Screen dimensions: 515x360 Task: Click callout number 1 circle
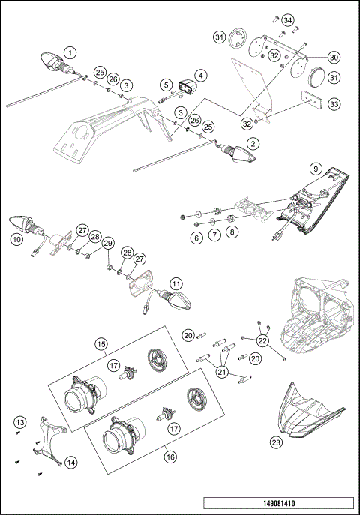click(70, 52)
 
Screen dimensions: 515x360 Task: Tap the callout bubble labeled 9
click(316, 169)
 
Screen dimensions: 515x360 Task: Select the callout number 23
click(276, 443)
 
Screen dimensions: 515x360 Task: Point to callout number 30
click(334, 57)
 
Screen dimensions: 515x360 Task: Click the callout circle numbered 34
click(288, 19)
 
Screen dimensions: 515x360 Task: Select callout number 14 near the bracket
click(70, 463)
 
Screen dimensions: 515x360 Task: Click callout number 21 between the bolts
click(223, 370)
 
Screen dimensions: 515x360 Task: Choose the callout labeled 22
click(262, 341)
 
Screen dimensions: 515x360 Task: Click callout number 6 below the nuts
click(197, 237)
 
